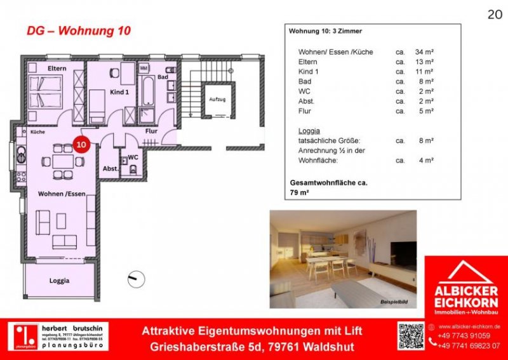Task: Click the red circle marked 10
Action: [81, 144]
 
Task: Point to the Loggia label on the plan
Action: [59, 280]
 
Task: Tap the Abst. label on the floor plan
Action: [110, 169]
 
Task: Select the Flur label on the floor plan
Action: [151, 131]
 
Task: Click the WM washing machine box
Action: [144, 67]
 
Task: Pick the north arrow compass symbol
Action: [136, 279]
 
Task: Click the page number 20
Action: [493, 14]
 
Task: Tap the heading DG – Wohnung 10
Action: [79, 31]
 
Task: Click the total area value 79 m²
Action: [298, 192]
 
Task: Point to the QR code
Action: [410, 335]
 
